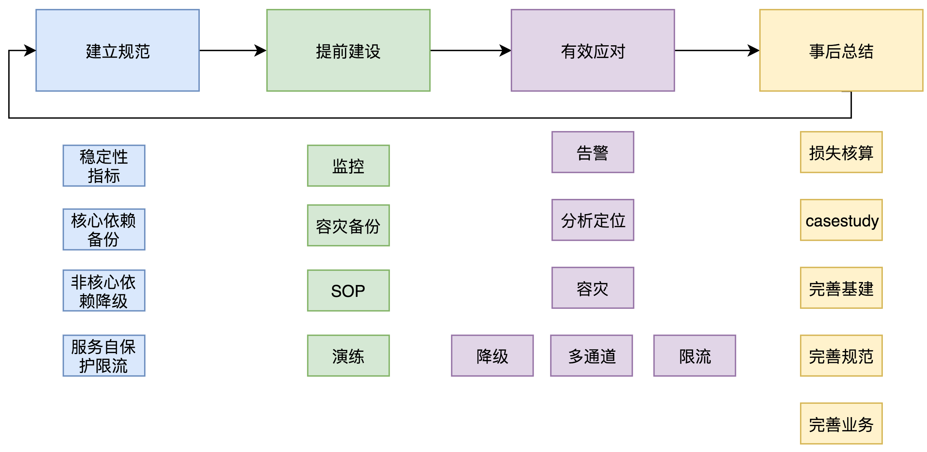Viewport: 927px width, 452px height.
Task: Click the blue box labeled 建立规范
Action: (117, 50)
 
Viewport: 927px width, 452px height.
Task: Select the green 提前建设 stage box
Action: (348, 50)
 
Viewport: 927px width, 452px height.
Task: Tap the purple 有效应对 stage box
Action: (592, 50)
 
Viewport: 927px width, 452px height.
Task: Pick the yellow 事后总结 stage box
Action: (841, 50)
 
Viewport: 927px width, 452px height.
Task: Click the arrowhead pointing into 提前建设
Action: (261, 50)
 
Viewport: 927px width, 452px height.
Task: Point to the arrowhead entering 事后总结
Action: (754, 50)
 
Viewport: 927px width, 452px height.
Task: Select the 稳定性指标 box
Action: (104, 166)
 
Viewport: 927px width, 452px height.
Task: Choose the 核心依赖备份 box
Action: (104, 229)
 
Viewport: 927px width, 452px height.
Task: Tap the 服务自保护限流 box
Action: (104, 356)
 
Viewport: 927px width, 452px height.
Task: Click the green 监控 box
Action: (348, 166)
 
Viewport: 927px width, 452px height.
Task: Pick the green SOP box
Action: (348, 290)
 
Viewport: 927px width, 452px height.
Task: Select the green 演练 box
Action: (348, 356)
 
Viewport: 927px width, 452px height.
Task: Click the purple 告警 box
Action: (592, 152)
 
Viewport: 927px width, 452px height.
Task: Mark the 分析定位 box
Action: (592, 220)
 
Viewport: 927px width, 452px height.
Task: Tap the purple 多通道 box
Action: (591, 356)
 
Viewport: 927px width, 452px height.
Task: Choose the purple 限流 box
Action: (695, 356)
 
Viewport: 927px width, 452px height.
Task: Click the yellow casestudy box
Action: (841, 220)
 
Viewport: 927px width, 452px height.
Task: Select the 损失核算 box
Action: (841, 152)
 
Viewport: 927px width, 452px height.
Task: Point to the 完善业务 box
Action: (841, 423)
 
